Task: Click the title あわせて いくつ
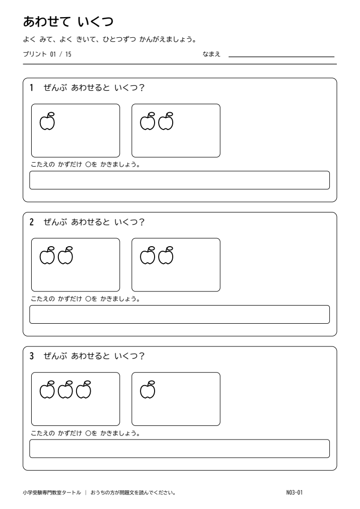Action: click(x=68, y=22)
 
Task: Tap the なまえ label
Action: click(x=211, y=54)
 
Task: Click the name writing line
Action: click(x=281, y=57)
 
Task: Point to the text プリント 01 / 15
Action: click(x=47, y=54)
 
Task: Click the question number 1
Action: click(x=32, y=88)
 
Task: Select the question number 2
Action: click(x=32, y=222)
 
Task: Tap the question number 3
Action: click(x=32, y=356)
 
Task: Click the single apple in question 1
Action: click(x=47, y=121)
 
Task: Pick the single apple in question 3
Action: click(x=148, y=390)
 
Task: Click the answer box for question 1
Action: click(x=180, y=180)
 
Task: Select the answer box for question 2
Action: click(x=180, y=314)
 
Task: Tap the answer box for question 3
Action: click(x=180, y=449)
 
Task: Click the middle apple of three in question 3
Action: click(x=65, y=390)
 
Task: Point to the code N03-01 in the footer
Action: click(x=295, y=492)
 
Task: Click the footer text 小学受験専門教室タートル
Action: click(x=52, y=492)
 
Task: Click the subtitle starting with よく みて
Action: click(x=110, y=40)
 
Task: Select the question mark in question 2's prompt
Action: click(x=141, y=222)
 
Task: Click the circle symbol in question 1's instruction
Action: click(x=88, y=165)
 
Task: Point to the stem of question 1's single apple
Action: click(x=50, y=115)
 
